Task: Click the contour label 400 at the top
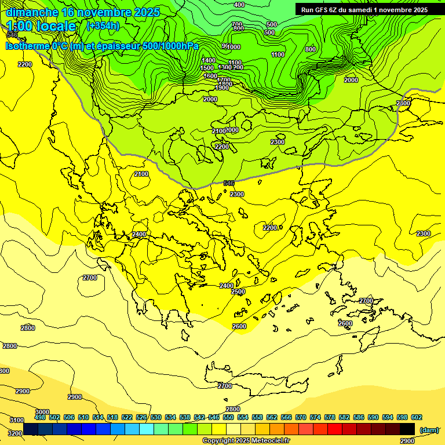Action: coord(239,5)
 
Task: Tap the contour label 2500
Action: coord(238,291)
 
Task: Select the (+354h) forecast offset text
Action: coord(103,25)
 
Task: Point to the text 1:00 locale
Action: coord(41,26)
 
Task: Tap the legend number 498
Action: coord(40,417)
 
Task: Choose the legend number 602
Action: coord(416,417)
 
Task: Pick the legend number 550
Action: coord(228,417)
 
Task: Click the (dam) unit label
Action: coord(428,430)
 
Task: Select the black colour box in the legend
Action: coord(407,429)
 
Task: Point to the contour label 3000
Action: coord(42,412)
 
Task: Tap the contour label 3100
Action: coord(17,420)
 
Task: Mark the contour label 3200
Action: coord(15,433)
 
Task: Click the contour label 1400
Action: coord(209,60)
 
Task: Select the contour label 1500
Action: coord(207,68)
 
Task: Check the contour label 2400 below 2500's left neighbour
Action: coord(227,286)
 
